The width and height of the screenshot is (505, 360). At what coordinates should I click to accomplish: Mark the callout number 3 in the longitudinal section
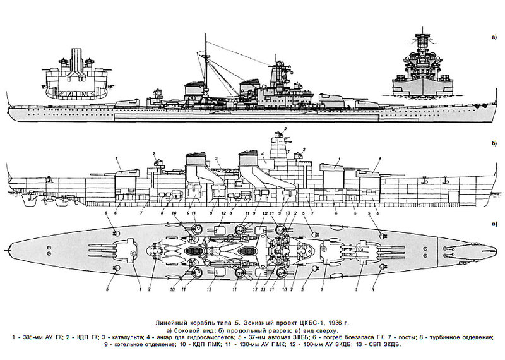tap(217, 159)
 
